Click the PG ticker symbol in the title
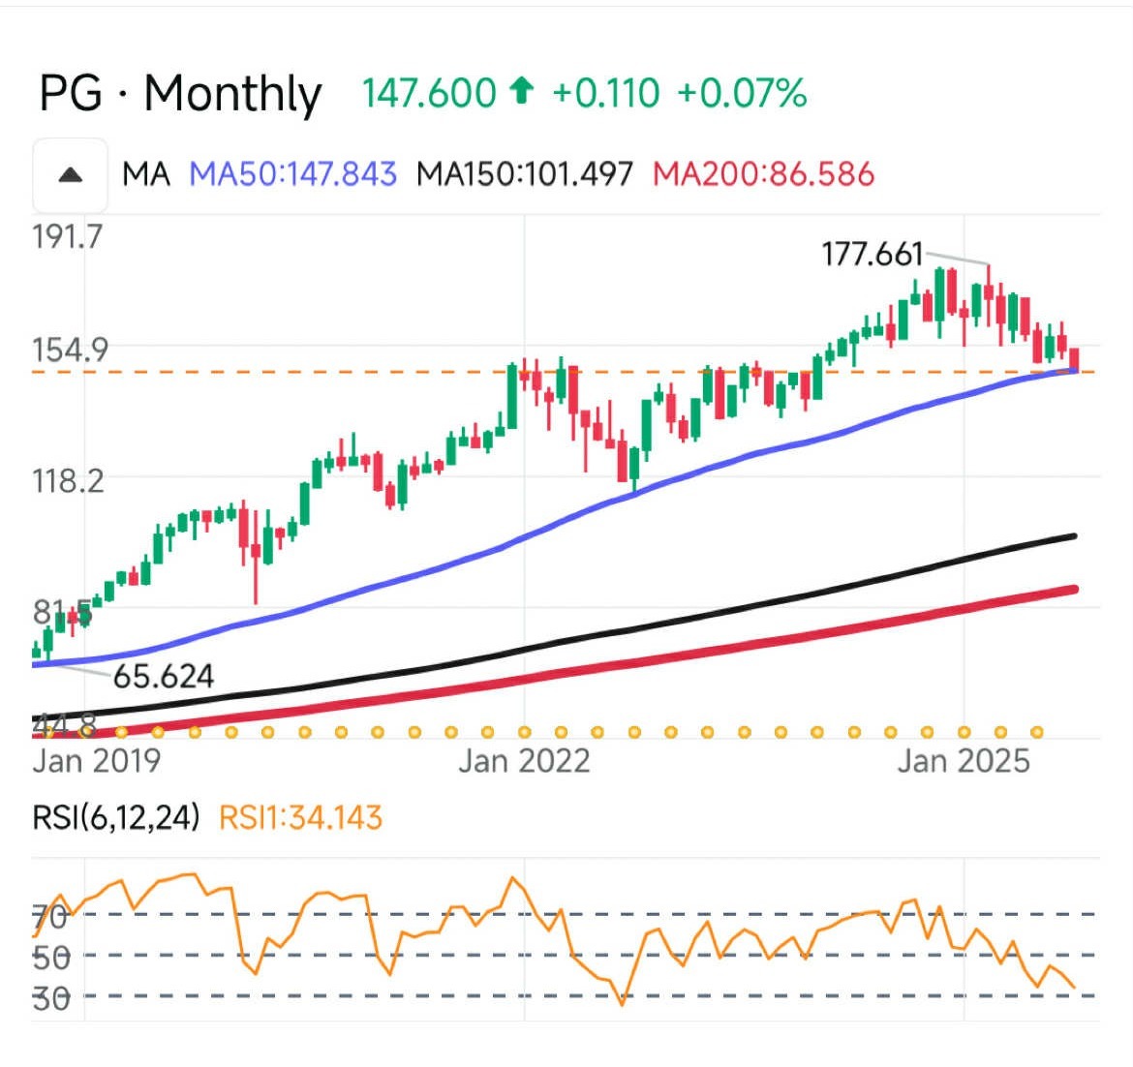click(70, 94)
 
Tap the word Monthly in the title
click(232, 94)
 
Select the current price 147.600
click(429, 94)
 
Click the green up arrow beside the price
click(522, 92)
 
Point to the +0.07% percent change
click(742, 94)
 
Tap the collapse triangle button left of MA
click(70, 175)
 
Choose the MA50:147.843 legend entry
click(292, 174)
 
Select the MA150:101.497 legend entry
click(524, 174)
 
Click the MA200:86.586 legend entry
click(763, 174)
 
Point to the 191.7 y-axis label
click(67, 236)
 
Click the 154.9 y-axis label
click(70, 350)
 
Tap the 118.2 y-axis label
click(68, 479)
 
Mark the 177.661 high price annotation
click(872, 255)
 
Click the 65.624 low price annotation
click(163, 676)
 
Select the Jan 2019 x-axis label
click(96, 761)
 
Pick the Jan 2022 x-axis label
click(524, 761)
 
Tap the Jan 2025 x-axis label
click(964, 761)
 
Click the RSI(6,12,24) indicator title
click(116, 818)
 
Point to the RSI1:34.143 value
click(300, 818)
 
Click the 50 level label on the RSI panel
click(52, 957)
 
